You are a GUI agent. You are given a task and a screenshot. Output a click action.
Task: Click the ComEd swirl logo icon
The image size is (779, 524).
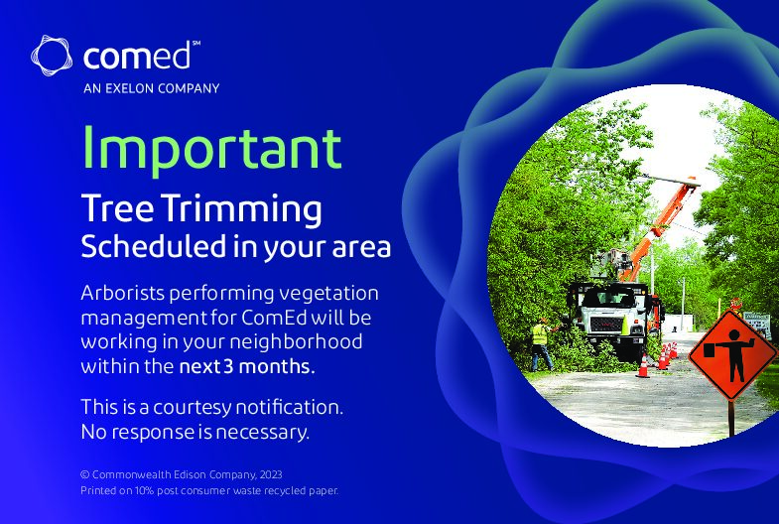tap(52, 56)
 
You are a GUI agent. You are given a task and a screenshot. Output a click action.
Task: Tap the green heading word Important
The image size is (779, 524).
tap(211, 148)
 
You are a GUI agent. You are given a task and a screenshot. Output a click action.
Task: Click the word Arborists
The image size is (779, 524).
tap(122, 293)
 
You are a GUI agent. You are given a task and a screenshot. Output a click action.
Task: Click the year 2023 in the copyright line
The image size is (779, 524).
tap(271, 474)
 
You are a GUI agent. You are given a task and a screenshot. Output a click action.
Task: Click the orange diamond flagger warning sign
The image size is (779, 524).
tap(732, 354)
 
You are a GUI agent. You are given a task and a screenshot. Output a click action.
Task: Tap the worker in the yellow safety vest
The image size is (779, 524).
tap(542, 344)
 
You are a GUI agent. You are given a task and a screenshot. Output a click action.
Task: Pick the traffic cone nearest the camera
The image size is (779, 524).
tap(643, 365)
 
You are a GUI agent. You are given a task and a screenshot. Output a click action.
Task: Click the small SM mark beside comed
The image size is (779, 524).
tap(195, 44)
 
